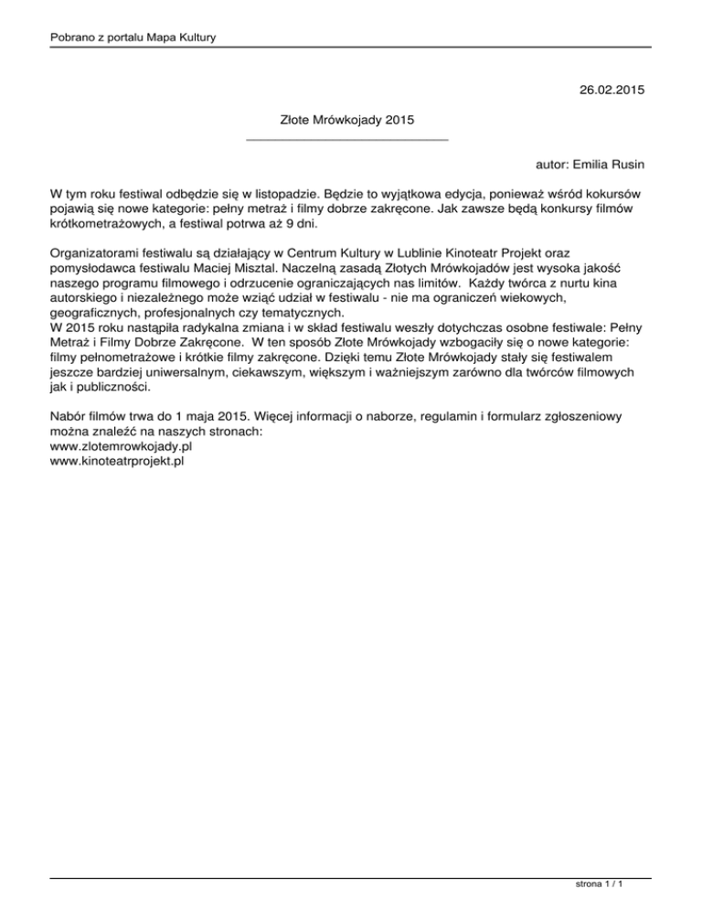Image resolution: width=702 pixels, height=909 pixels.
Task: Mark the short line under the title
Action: (x=347, y=139)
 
